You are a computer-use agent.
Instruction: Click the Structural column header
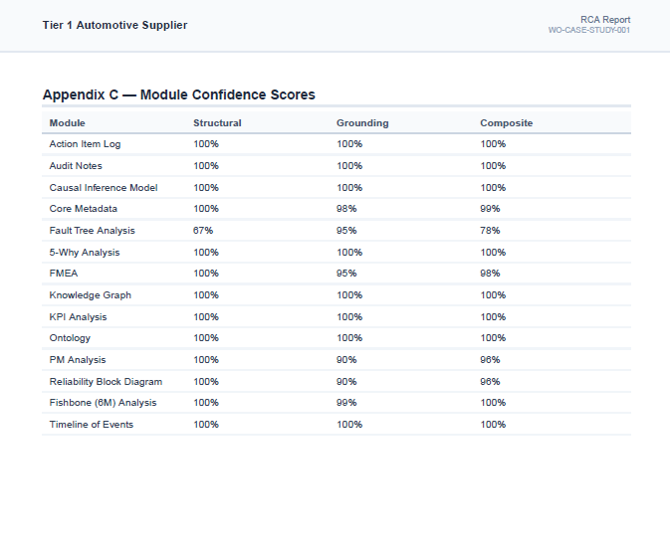point(217,123)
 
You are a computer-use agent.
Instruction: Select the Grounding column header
point(362,123)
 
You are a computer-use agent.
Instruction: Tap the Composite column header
point(507,123)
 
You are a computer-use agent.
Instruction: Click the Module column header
point(67,123)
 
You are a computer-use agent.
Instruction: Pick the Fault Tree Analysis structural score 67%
point(203,231)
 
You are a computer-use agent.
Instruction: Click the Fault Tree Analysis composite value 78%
point(490,231)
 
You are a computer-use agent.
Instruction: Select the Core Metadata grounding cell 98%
point(346,209)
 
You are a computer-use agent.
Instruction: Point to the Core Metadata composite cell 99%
point(490,209)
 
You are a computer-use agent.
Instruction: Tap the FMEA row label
point(64,274)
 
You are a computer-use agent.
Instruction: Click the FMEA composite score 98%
point(490,274)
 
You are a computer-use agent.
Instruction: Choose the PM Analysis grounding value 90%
point(346,360)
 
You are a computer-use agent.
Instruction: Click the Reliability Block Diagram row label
point(106,382)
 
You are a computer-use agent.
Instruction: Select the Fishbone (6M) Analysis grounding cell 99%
point(346,403)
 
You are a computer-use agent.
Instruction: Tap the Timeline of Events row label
point(92,425)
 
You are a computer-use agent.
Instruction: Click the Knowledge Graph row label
point(91,295)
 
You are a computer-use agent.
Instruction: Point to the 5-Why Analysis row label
point(85,253)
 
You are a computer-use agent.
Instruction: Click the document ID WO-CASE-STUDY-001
point(588,30)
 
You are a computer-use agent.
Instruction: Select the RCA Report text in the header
point(605,20)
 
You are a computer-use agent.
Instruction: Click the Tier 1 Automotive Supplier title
point(114,25)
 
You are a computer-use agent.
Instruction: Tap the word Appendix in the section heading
point(74,94)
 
